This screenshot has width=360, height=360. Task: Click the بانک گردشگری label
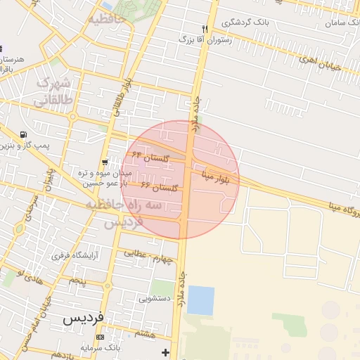pos(246,22)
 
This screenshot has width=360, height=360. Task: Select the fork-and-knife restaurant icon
pos(205,30)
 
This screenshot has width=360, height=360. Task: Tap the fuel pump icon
pos(25,135)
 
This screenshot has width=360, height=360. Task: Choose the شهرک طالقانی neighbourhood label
pos(53,92)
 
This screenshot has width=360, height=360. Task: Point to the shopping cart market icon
pos(105,162)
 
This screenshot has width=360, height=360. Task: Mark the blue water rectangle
pos(201,300)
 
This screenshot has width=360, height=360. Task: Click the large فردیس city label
pos(84,317)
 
